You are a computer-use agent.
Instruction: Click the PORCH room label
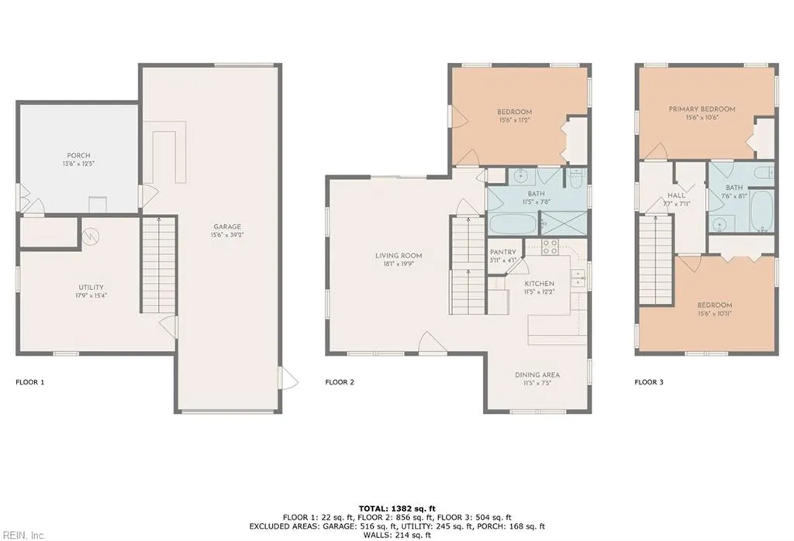79,155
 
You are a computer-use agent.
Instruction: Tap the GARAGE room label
227,226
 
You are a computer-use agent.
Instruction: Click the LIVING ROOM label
399,255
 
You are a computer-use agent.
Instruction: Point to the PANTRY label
503,252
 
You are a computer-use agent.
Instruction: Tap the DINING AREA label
537,375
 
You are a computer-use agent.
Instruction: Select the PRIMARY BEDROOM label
702,109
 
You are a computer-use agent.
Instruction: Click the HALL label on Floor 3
676,195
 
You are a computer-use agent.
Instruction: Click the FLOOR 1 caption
30,382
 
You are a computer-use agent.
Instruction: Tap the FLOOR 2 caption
340,382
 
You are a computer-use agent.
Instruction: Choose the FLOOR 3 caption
649,382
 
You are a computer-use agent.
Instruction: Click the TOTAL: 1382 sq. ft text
396,507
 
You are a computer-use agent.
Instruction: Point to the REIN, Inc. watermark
23,535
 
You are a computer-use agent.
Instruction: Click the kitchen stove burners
551,247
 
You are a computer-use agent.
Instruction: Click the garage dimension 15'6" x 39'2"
227,235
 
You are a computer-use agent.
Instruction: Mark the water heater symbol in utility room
91,233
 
